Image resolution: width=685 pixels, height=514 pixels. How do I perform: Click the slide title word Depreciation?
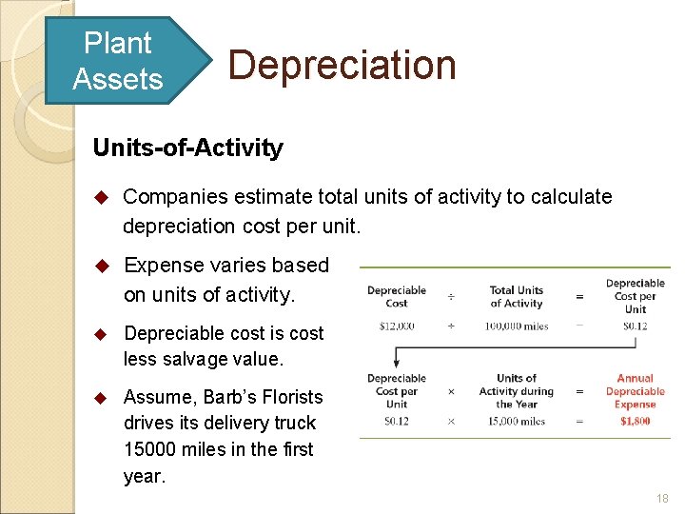click(342, 65)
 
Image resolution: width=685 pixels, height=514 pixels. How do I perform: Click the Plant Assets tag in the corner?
click(117, 60)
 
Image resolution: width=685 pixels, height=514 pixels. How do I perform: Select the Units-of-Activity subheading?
click(187, 148)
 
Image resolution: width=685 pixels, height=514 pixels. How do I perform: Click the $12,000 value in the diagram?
click(397, 326)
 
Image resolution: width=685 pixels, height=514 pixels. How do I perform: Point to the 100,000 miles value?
click(516, 326)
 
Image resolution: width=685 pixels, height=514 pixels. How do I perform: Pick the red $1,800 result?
click(635, 421)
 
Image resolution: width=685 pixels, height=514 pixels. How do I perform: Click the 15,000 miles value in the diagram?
click(516, 421)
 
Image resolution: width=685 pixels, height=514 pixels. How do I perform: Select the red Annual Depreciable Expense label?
click(635, 391)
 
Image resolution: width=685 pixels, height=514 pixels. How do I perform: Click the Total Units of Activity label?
click(516, 297)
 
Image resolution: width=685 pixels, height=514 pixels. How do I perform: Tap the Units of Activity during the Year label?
click(516, 391)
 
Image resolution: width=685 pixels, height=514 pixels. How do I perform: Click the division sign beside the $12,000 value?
click(451, 326)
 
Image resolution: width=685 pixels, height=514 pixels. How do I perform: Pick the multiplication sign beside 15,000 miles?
click(451, 421)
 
